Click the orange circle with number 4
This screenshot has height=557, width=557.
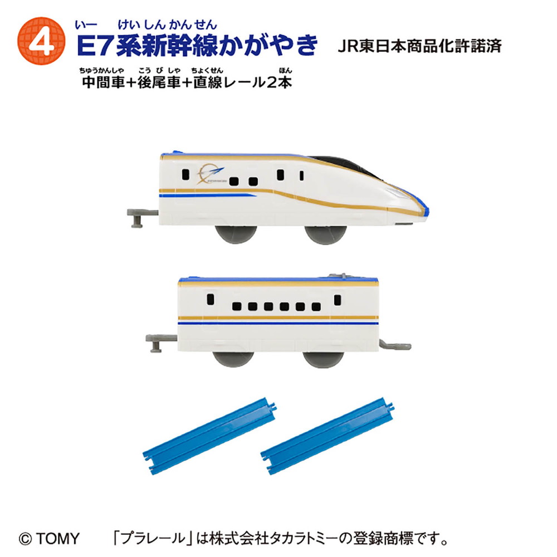41,41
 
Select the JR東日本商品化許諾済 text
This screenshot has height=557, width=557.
419,47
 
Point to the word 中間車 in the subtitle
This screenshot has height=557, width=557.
103,82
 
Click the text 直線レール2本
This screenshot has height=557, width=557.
243,82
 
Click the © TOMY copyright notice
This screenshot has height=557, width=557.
49,539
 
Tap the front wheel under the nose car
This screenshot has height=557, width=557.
326,234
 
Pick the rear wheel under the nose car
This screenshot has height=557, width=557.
236,234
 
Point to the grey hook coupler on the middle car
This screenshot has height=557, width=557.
395,345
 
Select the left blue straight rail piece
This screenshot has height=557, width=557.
209,436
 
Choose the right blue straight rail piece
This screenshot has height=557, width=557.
327,436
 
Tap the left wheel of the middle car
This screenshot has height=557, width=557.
233,359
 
